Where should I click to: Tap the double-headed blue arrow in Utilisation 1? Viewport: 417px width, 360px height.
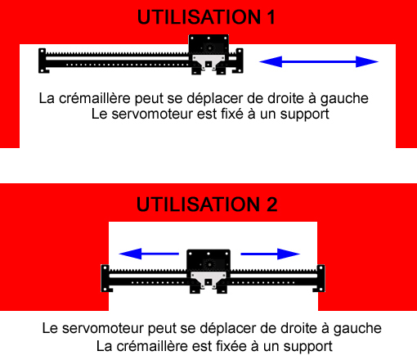(319, 61)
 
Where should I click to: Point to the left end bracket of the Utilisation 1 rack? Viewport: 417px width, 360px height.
(43, 59)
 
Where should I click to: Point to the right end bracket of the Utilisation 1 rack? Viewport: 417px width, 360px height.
(239, 59)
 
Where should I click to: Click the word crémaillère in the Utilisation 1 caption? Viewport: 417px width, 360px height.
(92, 98)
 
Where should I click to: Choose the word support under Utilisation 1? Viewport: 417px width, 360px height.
(303, 115)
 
